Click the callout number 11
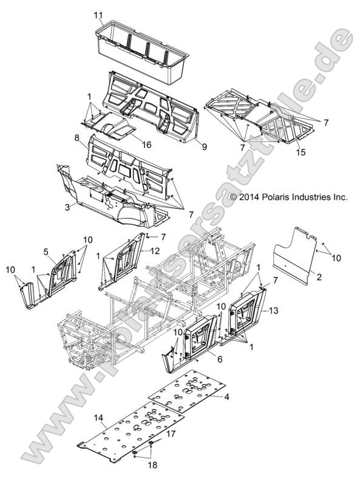coord(99,13)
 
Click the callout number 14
coord(100,418)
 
